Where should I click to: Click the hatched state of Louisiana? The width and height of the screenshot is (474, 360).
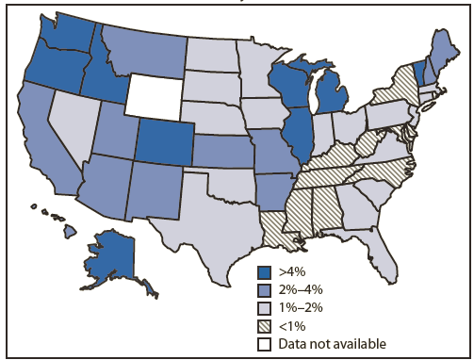(x=274, y=223)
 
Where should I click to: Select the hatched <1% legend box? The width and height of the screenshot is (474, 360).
(x=266, y=326)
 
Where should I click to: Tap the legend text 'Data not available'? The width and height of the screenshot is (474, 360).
(x=325, y=343)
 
